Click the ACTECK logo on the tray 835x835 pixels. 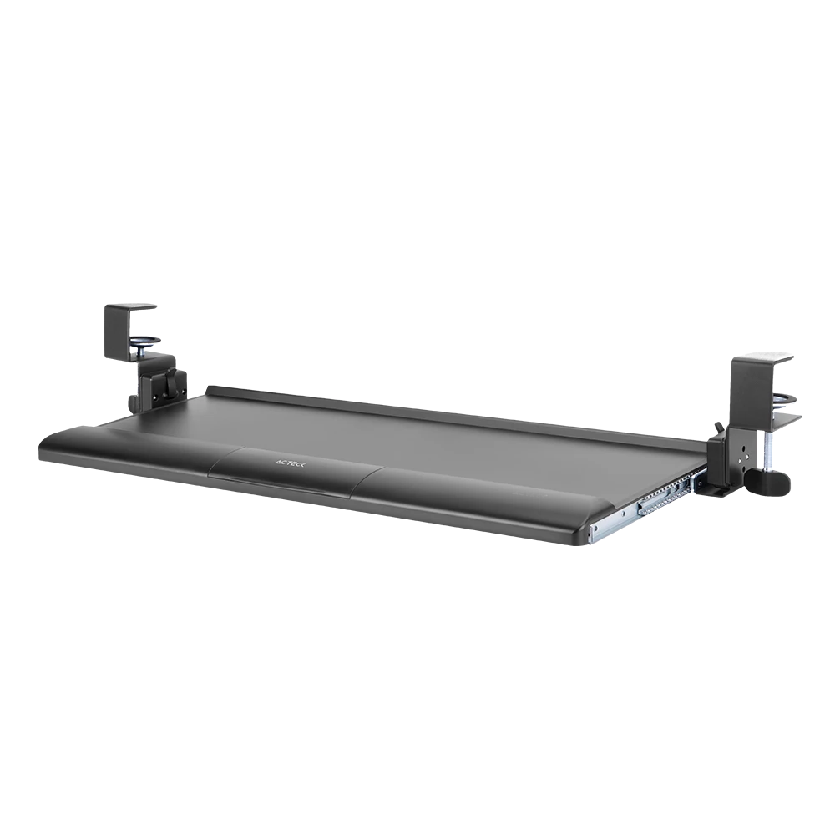pos(291,463)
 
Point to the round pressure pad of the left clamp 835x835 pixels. pos(145,340)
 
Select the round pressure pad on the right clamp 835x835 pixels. pos(786,398)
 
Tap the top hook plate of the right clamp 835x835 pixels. pos(762,357)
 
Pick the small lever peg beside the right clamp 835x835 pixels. pos(718,427)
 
